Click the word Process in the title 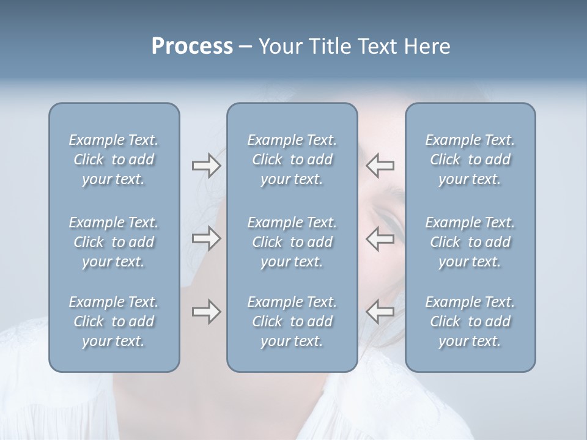(192, 46)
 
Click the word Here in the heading (426, 46)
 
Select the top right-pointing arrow (206, 166)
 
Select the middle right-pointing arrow (206, 238)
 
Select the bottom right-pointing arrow (206, 312)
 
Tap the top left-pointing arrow (380, 166)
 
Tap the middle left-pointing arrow (380, 238)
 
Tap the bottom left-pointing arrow (380, 312)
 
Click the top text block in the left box (114, 159)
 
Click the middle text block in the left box (114, 242)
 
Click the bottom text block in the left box (114, 321)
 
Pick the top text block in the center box (292, 159)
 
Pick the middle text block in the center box (292, 242)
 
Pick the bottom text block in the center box (292, 321)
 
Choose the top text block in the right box (470, 159)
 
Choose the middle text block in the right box (470, 242)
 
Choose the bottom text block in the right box (470, 321)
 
